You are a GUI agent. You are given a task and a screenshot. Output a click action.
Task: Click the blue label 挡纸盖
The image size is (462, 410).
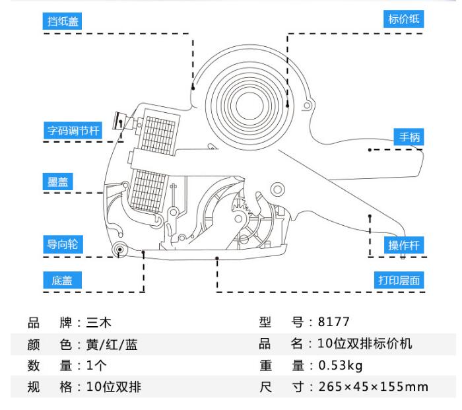tap(63, 20)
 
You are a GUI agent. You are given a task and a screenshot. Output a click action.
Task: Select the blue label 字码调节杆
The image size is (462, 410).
tap(73, 130)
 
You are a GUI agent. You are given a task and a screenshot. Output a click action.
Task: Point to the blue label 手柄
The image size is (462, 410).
tap(407, 137)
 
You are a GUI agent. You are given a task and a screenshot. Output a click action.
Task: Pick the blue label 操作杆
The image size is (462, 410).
tap(405, 246)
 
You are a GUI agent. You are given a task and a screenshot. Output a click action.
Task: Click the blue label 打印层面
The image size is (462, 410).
tap(399, 280)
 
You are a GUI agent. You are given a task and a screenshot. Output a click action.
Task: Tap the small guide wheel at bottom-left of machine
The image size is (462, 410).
tap(120, 249)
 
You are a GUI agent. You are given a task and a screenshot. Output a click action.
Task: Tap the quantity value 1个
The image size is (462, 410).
tap(93, 365)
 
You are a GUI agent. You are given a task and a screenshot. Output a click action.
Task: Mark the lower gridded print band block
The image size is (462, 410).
tap(148, 187)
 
